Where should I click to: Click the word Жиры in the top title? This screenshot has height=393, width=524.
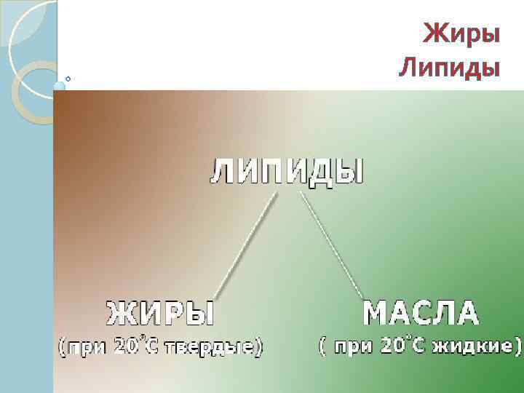[x=461, y=33]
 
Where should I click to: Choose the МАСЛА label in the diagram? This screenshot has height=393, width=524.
[x=421, y=314]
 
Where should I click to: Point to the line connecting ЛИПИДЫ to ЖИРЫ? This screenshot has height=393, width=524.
[x=246, y=244]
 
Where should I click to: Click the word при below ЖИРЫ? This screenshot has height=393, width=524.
[x=88, y=347]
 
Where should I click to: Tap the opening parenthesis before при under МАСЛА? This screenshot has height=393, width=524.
[x=322, y=346]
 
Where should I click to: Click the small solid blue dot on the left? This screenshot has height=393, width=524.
[x=59, y=87]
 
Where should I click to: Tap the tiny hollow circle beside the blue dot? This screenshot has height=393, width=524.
[x=68, y=79]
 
